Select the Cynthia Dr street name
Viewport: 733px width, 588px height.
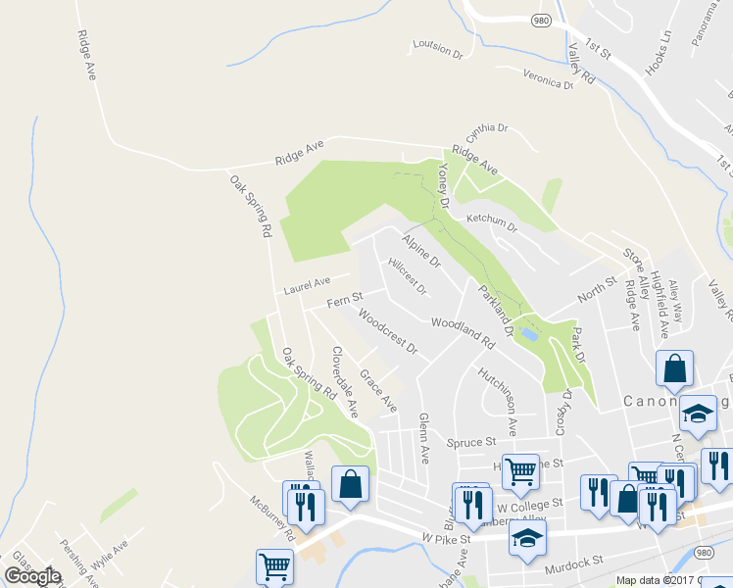[x=487, y=128]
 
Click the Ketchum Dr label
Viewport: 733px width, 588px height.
[x=491, y=220]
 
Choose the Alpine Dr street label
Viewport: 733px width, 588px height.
[x=421, y=250]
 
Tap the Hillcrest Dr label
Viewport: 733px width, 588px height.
[x=407, y=276]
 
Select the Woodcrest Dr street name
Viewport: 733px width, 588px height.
[x=388, y=333]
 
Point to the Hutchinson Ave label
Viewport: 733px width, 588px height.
[x=497, y=402]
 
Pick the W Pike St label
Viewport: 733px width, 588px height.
[x=447, y=538]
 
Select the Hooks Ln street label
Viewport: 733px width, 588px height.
[x=660, y=54]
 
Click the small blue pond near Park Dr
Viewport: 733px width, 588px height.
[x=530, y=334]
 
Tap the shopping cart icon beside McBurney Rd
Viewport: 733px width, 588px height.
[x=274, y=564]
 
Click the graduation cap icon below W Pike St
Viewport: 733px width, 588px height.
[x=527, y=537]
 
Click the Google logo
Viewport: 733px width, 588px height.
[x=32, y=576]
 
